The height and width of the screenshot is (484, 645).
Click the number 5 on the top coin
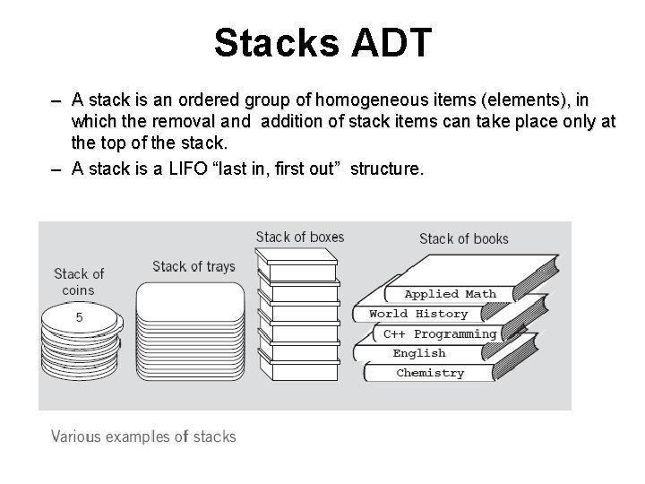[79, 317]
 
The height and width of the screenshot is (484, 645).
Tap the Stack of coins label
[79, 281]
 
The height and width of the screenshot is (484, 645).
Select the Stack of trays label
[193, 266]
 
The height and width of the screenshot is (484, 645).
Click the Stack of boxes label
[299, 237]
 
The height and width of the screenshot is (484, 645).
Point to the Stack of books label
[463, 238]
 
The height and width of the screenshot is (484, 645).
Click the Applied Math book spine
[450, 294]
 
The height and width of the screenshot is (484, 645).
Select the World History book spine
[418, 314]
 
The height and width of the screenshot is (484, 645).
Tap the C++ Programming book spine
[439, 333]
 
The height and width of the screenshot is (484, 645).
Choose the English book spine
[418, 353]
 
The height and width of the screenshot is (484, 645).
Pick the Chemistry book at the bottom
[430, 373]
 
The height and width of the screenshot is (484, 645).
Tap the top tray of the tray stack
[190, 296]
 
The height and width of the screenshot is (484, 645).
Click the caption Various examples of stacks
[143, 436]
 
